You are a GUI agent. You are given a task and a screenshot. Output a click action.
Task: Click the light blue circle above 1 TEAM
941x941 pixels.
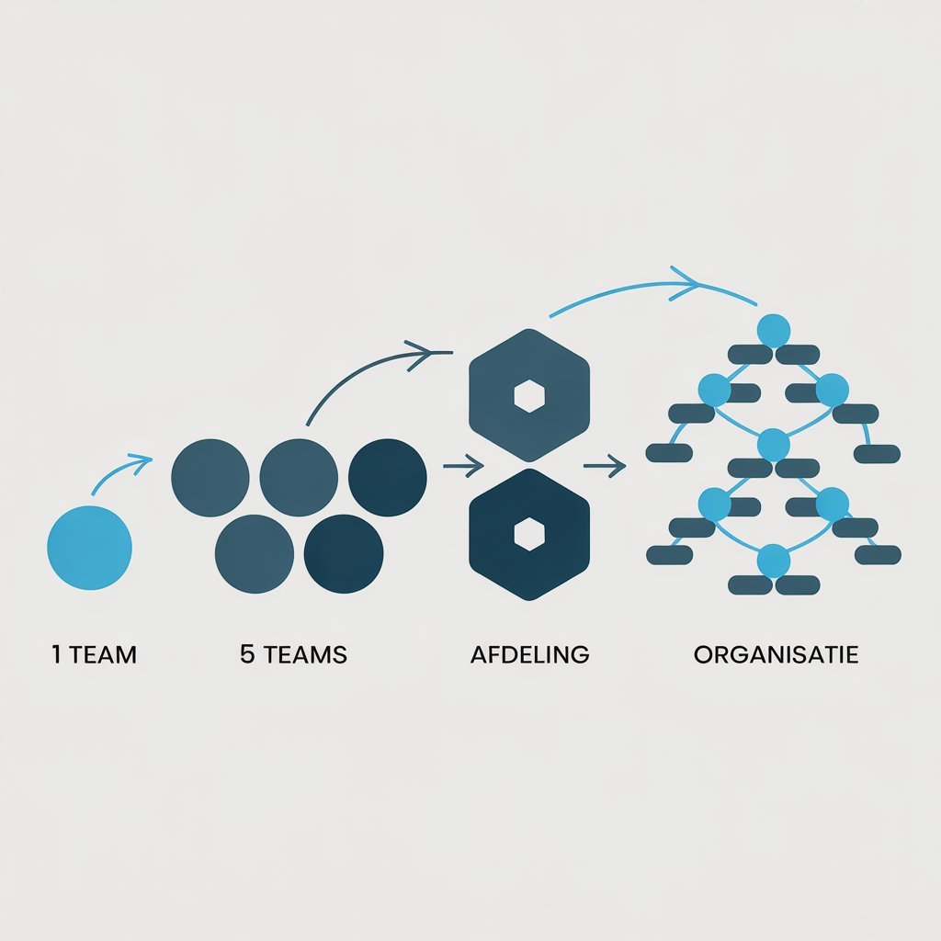click(89, 548)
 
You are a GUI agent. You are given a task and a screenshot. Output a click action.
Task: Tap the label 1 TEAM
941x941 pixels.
click(95, 654)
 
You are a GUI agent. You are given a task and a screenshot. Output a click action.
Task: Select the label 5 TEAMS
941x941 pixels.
click(293, 654)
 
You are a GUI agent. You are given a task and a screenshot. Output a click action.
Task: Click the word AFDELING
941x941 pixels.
click(530, 654)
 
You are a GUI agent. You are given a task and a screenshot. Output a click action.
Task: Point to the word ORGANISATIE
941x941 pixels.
click(776, 654)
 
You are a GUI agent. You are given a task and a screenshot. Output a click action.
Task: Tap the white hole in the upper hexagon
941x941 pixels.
click(529, 396)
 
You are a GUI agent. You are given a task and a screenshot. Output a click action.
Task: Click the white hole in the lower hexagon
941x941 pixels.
click(529, 534)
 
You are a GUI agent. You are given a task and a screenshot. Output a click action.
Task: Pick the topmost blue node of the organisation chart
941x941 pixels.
click(773, 331)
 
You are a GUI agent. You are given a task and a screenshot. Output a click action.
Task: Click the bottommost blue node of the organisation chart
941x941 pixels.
click(773, 561)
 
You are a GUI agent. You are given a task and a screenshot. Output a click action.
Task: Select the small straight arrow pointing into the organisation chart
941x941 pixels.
click(605, 466)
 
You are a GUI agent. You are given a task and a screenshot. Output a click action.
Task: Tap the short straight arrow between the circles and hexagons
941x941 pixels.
click(464, 466)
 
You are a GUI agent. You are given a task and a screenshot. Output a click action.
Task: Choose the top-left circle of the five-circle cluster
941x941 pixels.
click(210, 478)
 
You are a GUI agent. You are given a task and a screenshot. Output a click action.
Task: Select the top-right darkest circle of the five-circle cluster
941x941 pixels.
click(388, 478)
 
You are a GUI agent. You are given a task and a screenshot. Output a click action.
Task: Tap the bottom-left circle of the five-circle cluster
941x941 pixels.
click(255, 554)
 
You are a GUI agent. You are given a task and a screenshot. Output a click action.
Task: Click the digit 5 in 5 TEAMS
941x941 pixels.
click(247, 653)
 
